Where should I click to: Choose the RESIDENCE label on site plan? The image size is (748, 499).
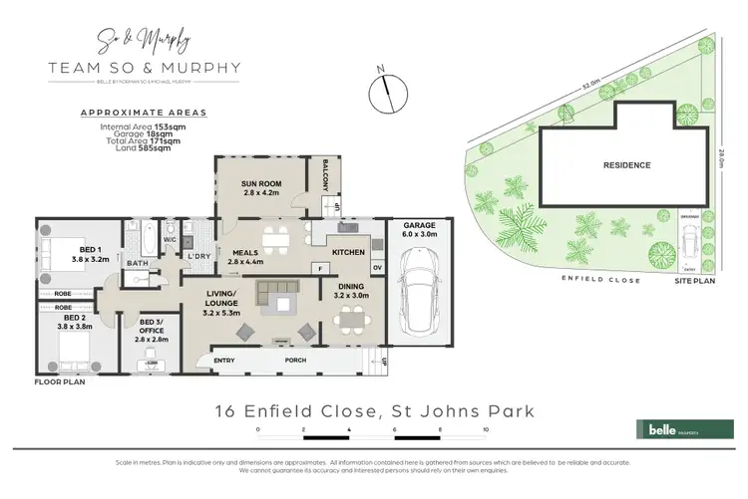625,165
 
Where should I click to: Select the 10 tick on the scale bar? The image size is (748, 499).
485,430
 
